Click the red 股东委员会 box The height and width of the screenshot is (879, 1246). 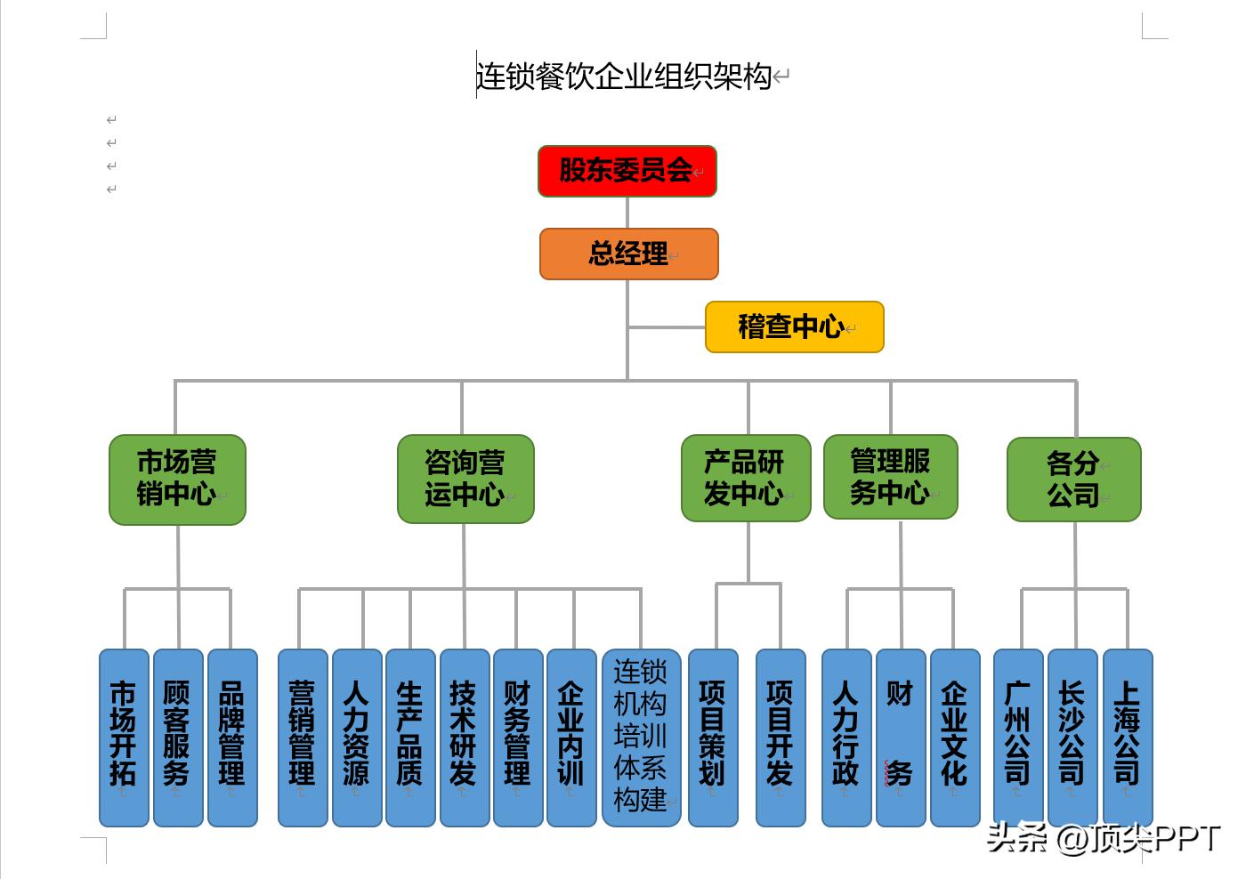click(627, 171)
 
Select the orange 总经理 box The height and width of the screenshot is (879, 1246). click(628, 254)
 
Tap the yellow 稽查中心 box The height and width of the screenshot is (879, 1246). click(794, 327)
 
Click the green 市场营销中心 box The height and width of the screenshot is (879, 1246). click(177, 480)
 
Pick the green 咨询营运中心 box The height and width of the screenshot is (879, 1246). click(465, 479)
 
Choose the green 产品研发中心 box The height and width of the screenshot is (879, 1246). click(746, 478)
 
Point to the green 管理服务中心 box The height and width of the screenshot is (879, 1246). click(890, 477)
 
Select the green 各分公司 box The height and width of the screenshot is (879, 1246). click(1073, 480)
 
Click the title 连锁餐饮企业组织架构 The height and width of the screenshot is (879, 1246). click(623, 77)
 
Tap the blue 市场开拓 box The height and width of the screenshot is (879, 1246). click(124, 737)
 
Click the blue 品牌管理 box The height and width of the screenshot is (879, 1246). click(232, 737)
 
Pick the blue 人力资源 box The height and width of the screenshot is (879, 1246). click(356, 737)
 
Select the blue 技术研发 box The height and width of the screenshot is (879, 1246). click(465, 737)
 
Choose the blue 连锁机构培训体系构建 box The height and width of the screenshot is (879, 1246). click(641, 737)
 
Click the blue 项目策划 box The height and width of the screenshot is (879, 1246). click(713, 737)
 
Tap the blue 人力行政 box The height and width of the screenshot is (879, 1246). click(845, 737)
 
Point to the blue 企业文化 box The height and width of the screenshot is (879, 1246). click(955, 737)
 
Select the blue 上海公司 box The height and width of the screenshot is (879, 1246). click(1128, 737)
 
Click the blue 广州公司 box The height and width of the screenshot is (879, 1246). click(1018, 737)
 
